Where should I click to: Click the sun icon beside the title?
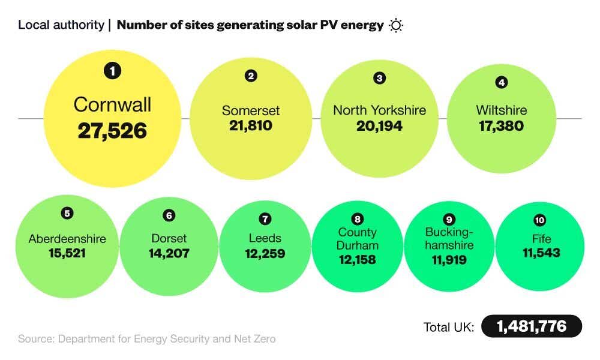pyautogui.click(x=396, y=25)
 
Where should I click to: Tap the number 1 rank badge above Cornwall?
pyautogui.click(x=112, y=71)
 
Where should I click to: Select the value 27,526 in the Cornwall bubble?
pyautogui.click(x=112, y=130)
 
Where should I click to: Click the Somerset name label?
pyautogui.click(x=251, y=111)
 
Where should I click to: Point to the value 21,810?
pyautogui.click(x=251, y=126)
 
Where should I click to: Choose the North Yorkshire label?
pyautogui.click(x=379, y=110)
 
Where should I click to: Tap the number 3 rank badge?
pyautogui.click(x=379, y=78)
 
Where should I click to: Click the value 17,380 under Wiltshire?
pyautogui.click(x=501, y=126)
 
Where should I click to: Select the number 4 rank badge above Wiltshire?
pyautogui.click(x=501, y=82)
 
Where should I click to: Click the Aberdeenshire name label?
pyautogui.click(x=67, y=239)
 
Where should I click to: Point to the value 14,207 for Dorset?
pyautogui.click(x=169, y=253)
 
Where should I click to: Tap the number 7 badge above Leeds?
pyautogui.click(x=265, y=218)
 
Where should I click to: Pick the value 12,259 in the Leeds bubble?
pyautogui.click(x=265, y=253)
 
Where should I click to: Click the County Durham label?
pyautogui.click(x=357, y=239)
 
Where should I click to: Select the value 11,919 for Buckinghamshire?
pyautogui.click(x=449, y=260)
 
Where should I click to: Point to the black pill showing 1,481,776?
pyautogui.click(x=532, y=326)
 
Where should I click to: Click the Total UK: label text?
pyautogui.click(x=449, y=327)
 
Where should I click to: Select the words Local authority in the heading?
pyautogui.click(x=60, y=25)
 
